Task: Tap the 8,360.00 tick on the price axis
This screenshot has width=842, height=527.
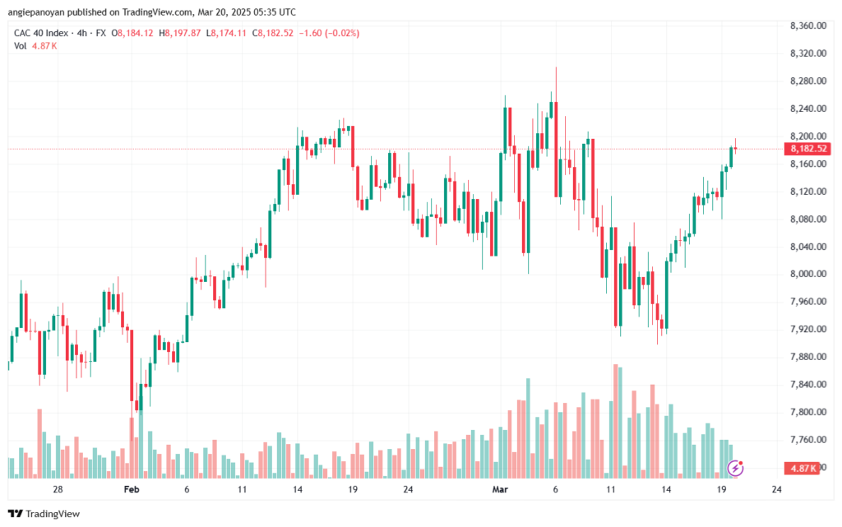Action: tap(808, 25)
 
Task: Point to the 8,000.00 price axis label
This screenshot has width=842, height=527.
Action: tap(808, 274)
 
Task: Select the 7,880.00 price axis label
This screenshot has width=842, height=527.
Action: tap(808, 356)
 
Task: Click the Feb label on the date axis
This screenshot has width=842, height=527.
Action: tap(132, 489)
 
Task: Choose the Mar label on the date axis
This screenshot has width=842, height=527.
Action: tap(500, 489)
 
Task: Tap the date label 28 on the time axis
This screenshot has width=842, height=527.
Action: tap(58, 489)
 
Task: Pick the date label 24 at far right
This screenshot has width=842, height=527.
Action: tap(776, 489)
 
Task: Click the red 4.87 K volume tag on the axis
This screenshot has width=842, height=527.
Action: tap(803, 469)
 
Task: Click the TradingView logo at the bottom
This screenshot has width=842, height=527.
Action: tap(44, 514)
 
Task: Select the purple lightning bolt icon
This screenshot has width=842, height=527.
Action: tap(735, 469)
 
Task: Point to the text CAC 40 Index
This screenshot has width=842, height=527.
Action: tap(41, 33)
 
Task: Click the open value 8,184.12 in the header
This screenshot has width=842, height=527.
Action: tap(136, 33)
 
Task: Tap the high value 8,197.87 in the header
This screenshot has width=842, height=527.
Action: tap(183, 33)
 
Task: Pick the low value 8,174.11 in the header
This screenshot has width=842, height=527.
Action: tap(229, 33)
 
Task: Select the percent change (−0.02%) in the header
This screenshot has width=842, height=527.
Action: tap(342, 33)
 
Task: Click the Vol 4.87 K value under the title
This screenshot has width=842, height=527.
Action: tap(44, 46)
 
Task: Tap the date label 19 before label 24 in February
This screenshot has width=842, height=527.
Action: tap(353, 489)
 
